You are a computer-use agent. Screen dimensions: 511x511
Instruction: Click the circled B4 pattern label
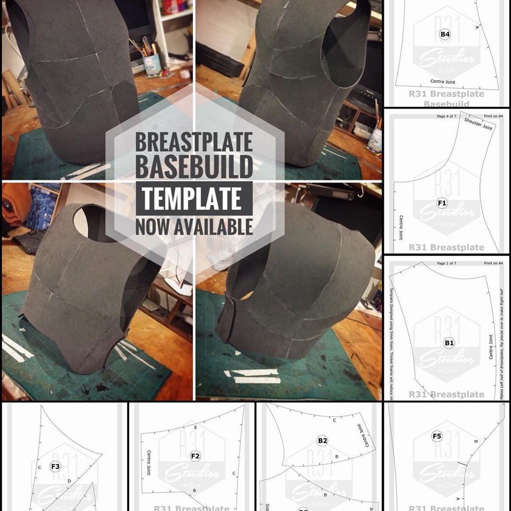coord(445,34)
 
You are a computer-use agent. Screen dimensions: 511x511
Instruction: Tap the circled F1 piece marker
coord(442,203)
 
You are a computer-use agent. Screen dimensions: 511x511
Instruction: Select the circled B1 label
coord(449,344)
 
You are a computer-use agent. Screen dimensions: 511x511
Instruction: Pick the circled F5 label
coord(437,436)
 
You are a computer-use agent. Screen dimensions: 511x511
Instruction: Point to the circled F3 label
coord(55,467)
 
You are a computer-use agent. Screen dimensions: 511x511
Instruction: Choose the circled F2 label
coord(195,456)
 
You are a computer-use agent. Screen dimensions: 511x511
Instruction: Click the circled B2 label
coord(323,441)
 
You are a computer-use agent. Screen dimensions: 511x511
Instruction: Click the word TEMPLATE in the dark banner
coord(192,198)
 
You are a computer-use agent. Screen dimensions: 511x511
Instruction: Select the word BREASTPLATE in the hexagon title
coord(194,141)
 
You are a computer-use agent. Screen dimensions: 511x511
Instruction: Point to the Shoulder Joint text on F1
coord(478,124)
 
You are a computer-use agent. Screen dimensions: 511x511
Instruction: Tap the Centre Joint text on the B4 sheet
coord(443,82)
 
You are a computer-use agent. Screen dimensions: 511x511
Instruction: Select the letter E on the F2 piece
coord(195,427)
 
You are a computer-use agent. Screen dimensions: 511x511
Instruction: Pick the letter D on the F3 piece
coord(69,481)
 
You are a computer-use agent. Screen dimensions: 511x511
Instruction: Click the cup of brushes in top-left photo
coord(152,64)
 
